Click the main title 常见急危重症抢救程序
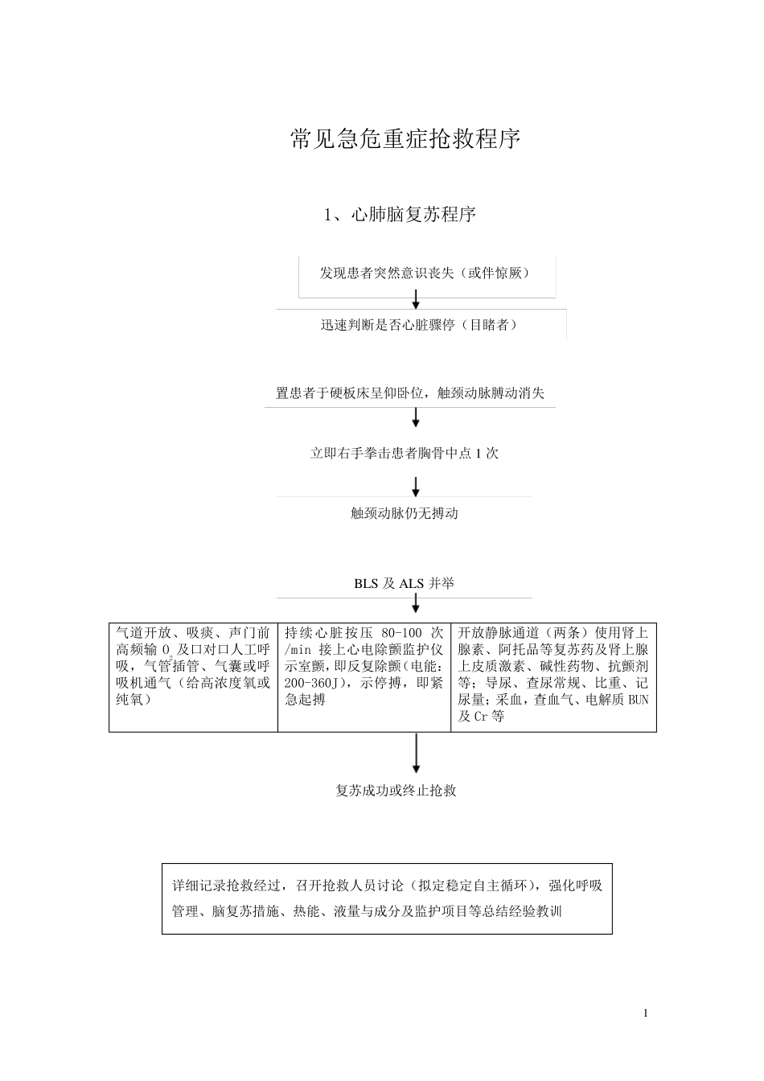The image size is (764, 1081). [405, 139]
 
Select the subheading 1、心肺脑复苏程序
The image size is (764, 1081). [400, 215]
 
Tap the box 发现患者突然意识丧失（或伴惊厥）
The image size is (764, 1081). [426, 273]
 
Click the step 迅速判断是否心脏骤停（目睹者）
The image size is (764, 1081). [419, 325]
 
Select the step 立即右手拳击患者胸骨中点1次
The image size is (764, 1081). [405, 453]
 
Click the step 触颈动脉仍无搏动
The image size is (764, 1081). [405, 512]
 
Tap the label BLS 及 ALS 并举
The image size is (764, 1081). [404, 583]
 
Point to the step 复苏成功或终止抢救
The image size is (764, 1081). [396, 790]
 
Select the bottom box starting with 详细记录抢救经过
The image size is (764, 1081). [387, 898]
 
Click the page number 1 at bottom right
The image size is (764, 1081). [645, 1012]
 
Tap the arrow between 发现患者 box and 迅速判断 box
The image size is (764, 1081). [416, 299]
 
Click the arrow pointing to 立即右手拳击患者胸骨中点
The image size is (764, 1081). [416, 417]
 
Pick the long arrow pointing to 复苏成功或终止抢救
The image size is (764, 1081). [416, 753]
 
